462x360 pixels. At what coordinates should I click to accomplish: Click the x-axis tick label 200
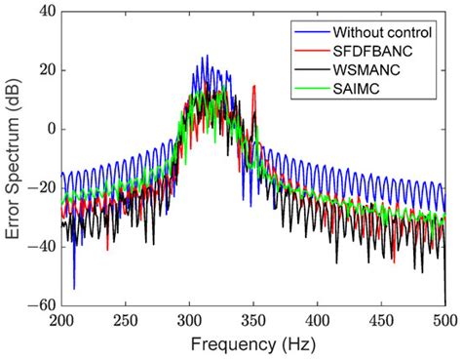[61, 319]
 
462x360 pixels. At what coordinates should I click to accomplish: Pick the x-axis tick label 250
[126, 319]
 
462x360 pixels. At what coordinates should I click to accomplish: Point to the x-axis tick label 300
[190, 319]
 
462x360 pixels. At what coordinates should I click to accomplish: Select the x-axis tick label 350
[254, 319]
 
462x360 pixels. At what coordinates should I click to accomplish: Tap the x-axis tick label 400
[318, 319]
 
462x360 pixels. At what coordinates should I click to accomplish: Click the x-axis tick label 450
[382, 319]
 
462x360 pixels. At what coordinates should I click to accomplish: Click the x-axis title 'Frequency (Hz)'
[253, 343]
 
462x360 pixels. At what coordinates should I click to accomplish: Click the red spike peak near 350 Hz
[254, 87]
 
